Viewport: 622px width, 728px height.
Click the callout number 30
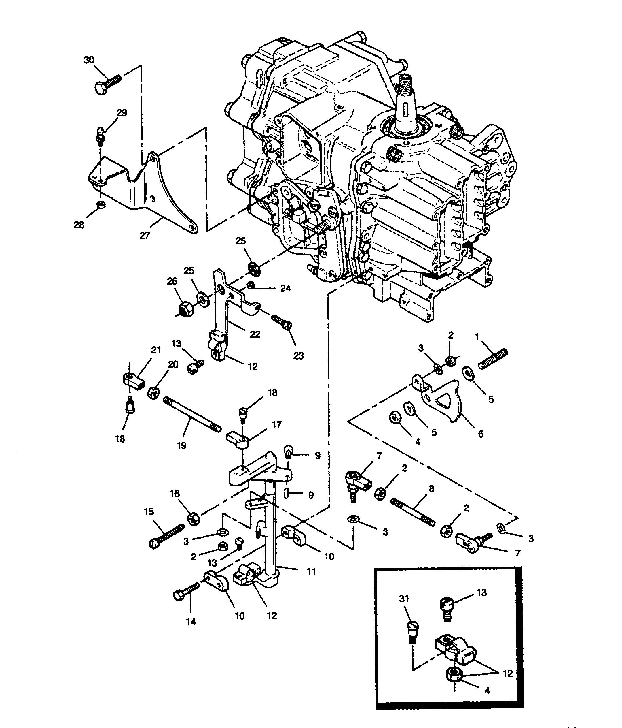coord(89,60)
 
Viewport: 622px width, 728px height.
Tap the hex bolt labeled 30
coord(107,84)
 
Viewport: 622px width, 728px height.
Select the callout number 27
coord(144,235)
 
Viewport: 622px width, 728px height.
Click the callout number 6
coord(481,434)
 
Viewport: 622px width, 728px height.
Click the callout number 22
coord(255,334)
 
